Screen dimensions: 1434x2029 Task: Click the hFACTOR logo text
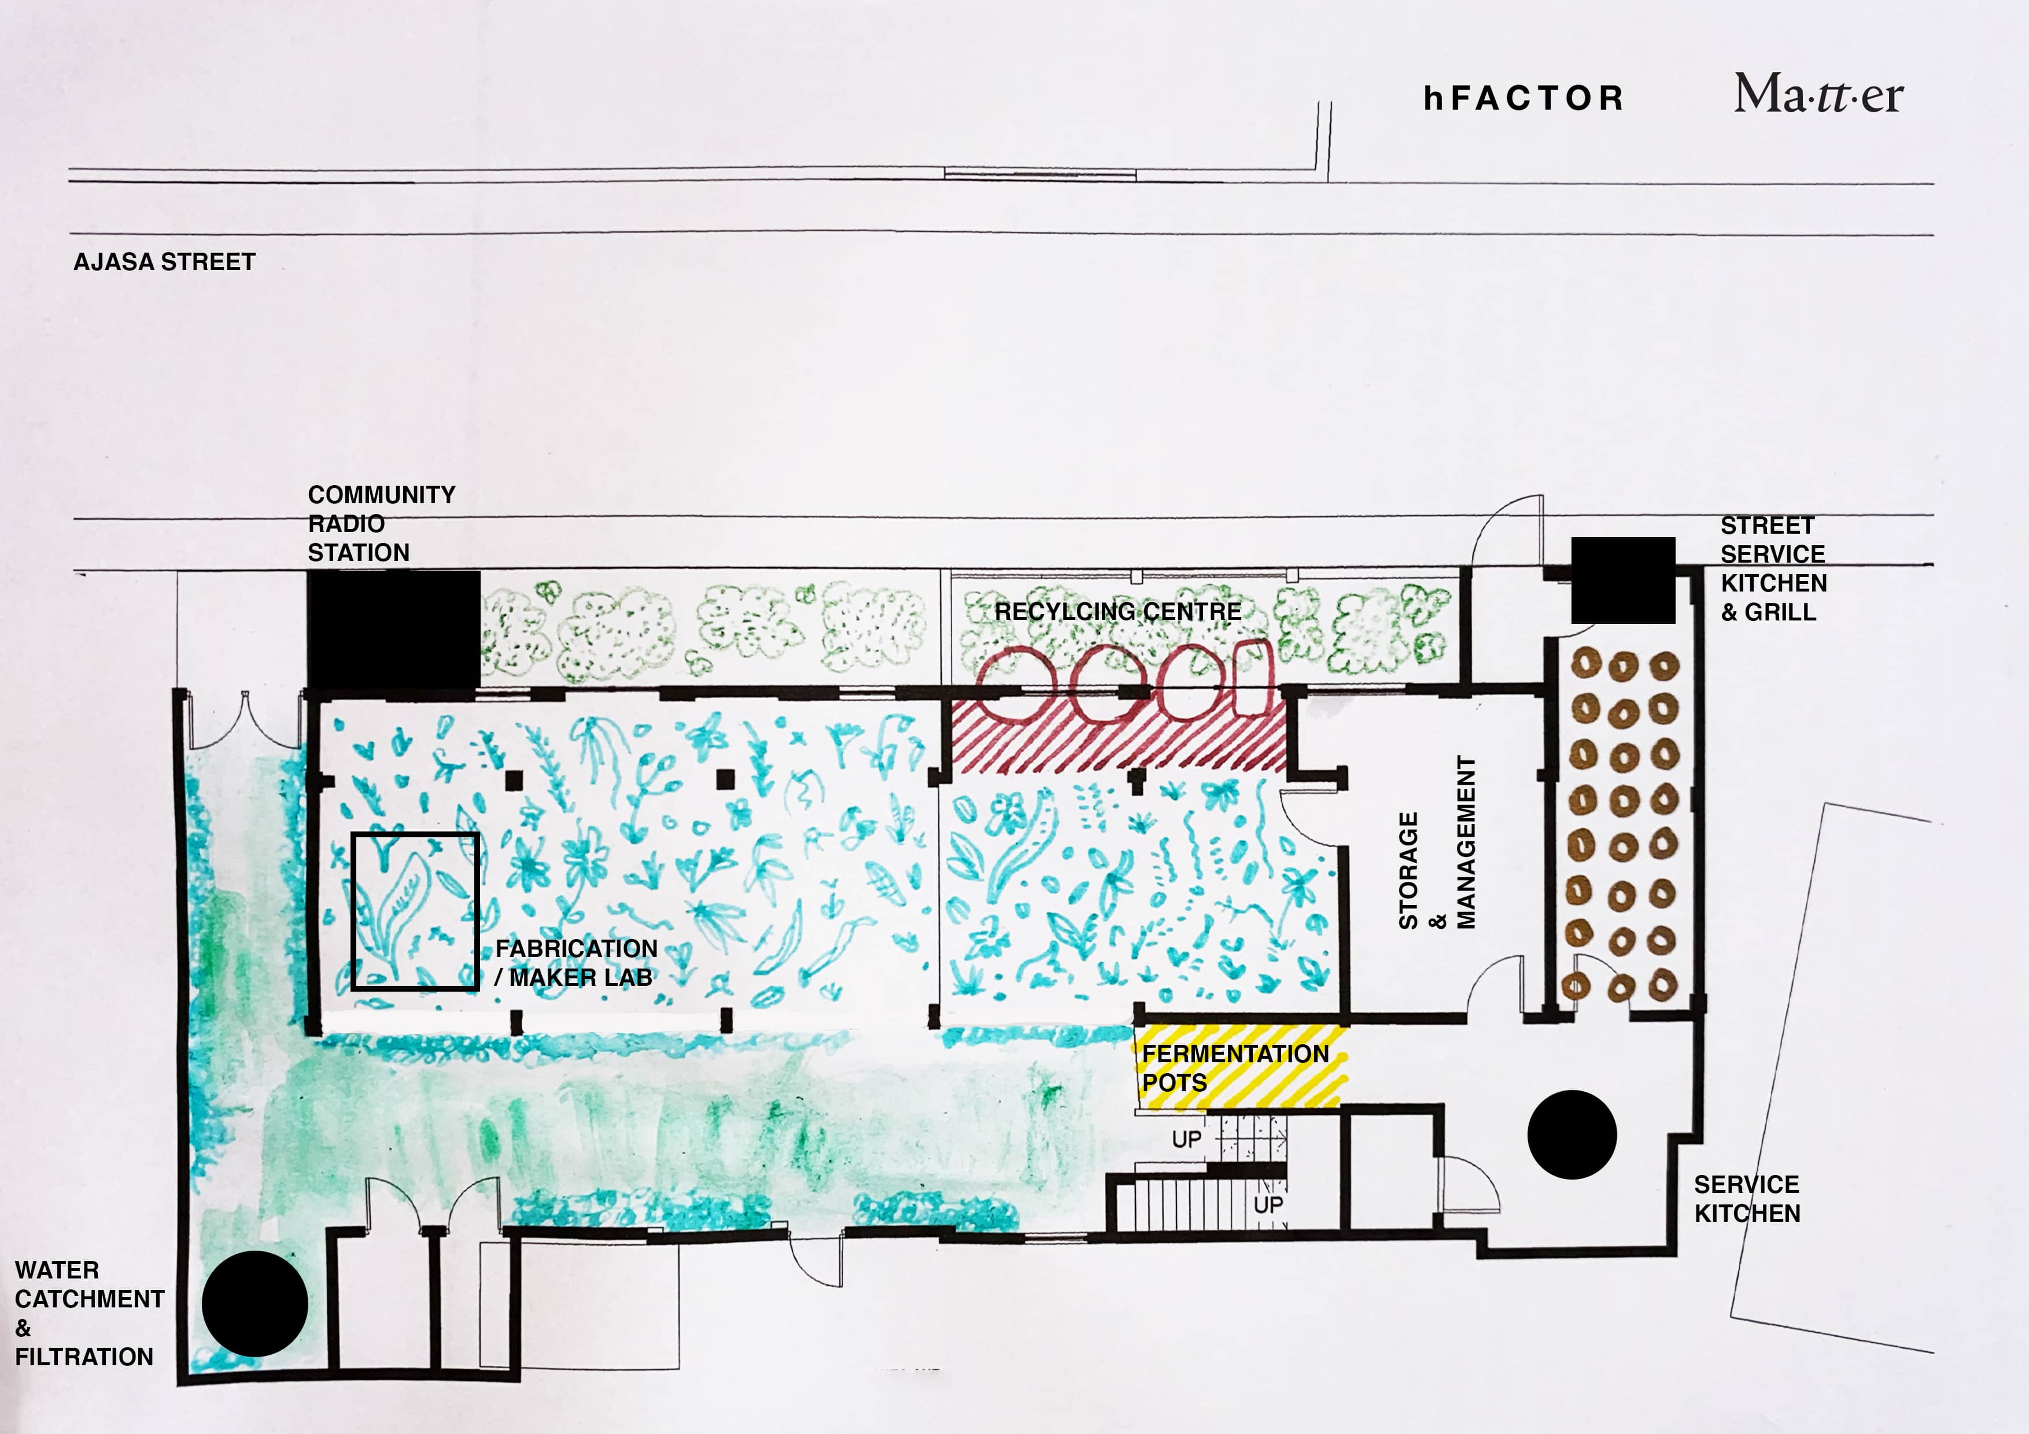[x=1523, y=98]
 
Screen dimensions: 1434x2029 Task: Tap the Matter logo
[x=1818, y=94]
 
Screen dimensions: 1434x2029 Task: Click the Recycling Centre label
[x=1118, y=611]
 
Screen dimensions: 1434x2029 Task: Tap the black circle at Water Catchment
[x=254, y=1303]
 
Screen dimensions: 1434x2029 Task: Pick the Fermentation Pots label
[x=1234, y=1067]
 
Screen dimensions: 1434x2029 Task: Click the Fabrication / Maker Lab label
[x=576, y=962]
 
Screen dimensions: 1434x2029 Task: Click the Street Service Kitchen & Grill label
[x=1773, y=568]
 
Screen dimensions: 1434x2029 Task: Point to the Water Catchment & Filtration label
[x=88, y=1313]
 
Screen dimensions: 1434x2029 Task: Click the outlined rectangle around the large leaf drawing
[x=415, y=911]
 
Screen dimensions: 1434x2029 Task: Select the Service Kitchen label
[x=1746, y=1199]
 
